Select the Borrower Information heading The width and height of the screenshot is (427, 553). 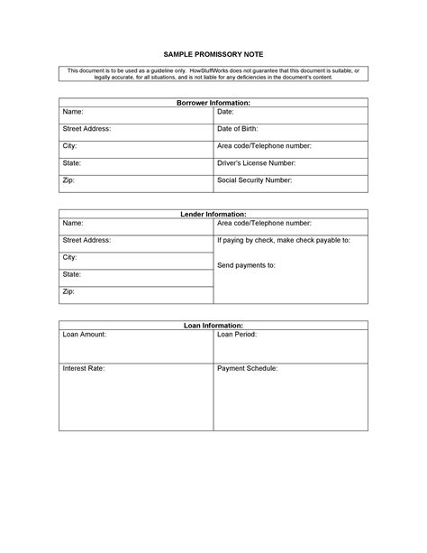213,104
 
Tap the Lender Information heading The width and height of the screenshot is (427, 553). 213,215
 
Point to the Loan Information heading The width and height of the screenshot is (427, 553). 213,326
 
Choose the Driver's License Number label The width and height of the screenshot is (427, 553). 256,163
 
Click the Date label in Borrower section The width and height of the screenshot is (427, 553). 226,112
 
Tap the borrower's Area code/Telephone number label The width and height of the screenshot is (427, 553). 264,146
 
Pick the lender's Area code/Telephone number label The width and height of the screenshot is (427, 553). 264,223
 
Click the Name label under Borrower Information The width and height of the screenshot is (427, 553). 72,112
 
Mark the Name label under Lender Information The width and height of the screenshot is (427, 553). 72,223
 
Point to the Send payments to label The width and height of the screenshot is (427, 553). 246,266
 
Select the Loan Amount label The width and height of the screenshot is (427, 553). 85,335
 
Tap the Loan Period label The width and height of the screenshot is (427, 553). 238,335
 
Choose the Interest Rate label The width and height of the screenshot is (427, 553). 84,369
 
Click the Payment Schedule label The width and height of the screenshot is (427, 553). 248,369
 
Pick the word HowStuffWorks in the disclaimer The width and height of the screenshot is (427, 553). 187,70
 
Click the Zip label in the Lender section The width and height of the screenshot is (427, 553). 68,291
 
